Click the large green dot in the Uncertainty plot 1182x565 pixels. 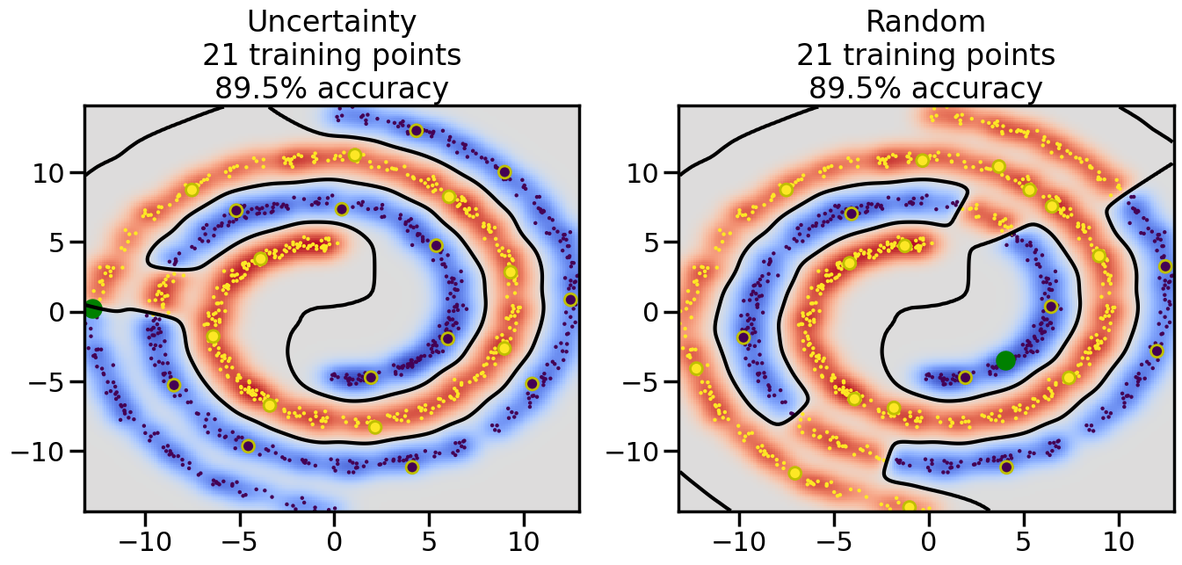tap(93, 308)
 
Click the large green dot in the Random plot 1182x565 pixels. tap(1005, 360)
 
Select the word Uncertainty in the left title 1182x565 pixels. tap(331, 21)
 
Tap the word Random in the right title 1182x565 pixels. tap(925, 21)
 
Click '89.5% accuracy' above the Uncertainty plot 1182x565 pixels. tap(331, 89)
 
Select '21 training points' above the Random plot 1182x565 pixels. tap(925, 55)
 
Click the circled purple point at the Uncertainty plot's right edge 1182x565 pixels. tap(570, 300)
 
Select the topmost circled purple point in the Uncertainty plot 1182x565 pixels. tap(416, 131)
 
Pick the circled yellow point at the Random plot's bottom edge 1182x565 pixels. tap(910, 507)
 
